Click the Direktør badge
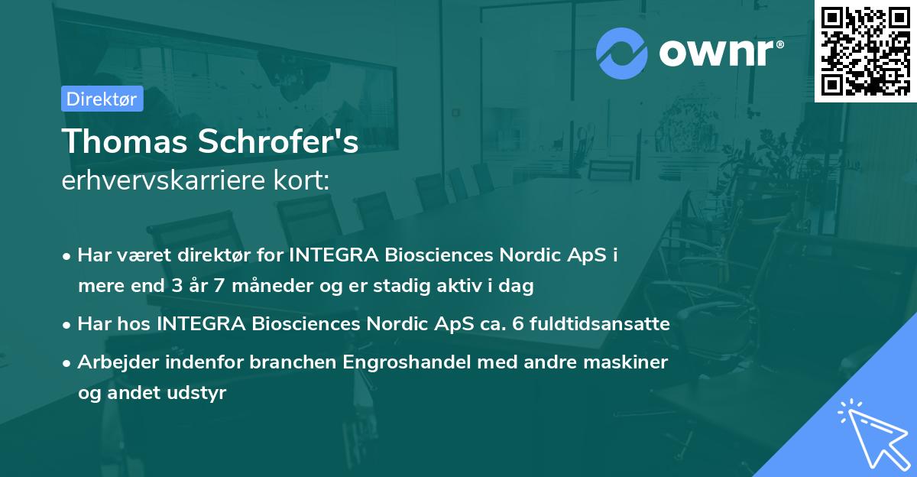[102, 99]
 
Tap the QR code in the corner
[865, 51]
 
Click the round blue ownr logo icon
[622, 53]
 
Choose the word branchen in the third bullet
[290, 362]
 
